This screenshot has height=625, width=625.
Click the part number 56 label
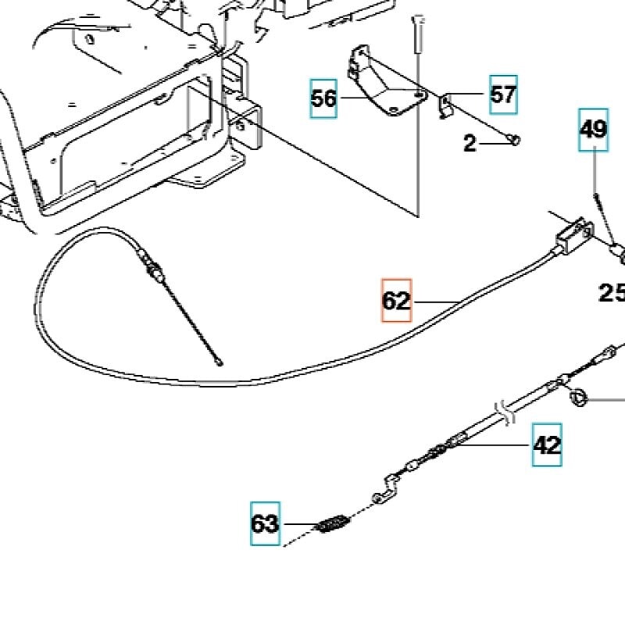[x=323, y=98]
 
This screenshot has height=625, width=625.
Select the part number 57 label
[x=503, y=95]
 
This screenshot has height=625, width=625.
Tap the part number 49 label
[x=594, y=129]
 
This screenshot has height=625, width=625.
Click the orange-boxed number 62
[x=396, y=300]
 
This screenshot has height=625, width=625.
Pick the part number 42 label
[x=547, y=445]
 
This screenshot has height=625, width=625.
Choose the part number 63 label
[x=265, y=523]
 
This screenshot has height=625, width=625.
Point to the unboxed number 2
[x=470, y=144]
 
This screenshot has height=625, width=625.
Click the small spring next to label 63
[x=333, y=522]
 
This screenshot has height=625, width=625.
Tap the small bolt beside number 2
[x=516, y=141]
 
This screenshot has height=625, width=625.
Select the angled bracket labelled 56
[x=383, y=86]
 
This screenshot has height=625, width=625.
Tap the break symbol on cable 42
[x=504, y=411]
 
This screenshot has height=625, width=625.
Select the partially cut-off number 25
[x=612, y=293]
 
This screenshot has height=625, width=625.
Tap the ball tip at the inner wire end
[x=220, y=362]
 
